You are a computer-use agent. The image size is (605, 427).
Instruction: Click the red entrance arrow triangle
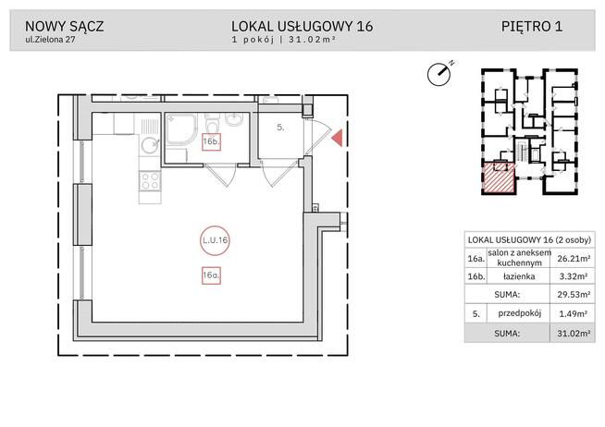(338, 139)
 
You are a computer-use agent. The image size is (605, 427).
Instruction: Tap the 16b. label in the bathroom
(211, 140)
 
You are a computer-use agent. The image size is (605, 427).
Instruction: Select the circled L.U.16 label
(214, 239)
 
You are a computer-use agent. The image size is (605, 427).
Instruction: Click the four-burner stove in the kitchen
(148, 182)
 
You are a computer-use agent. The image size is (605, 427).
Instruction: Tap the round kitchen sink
(147, 143)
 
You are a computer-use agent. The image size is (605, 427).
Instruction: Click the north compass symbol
(439, 73)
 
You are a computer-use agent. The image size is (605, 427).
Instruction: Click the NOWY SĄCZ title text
(64, 27)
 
